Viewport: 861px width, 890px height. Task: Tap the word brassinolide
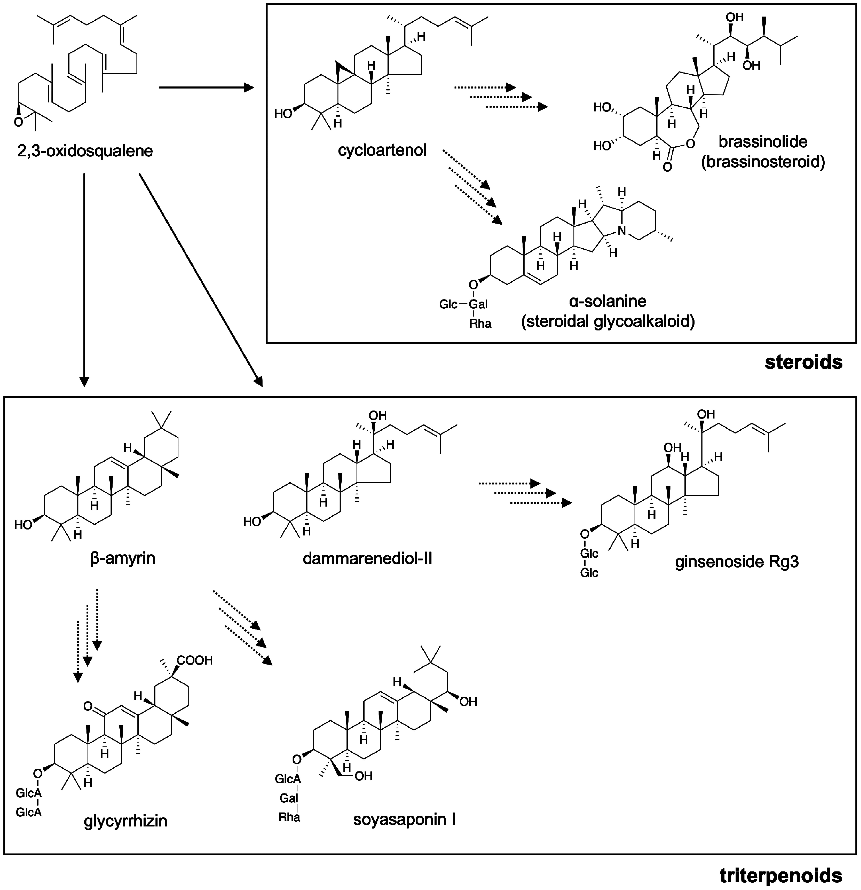[763, 142]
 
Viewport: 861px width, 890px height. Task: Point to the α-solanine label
[608, 301]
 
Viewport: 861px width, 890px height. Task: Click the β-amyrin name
[123, 558]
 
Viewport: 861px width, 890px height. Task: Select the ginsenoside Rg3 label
[736, 562]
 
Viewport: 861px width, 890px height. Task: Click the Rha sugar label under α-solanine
[480, 324]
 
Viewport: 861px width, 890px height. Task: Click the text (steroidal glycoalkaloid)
[608, 322]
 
